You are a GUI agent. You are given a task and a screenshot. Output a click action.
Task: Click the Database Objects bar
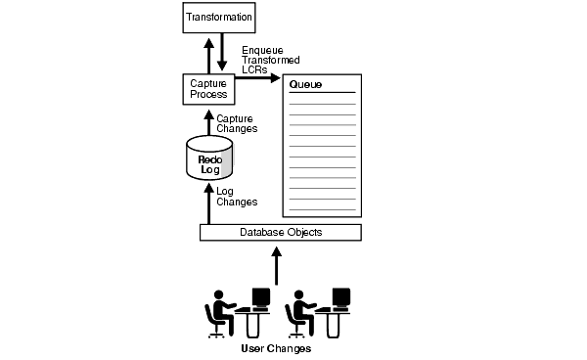[x=281, y=232]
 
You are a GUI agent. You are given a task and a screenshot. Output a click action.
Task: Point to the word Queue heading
[x=305, y=85]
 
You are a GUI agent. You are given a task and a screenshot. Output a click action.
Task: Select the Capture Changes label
[x=235, y=124]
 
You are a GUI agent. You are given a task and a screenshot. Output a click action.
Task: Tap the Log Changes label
[x=236, y=197]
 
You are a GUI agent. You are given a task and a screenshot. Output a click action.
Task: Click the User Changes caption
[x=276, y=348]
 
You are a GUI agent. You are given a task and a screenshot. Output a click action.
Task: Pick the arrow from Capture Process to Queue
[x=257, y=76]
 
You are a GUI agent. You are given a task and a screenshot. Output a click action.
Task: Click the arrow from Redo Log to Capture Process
[x=206, y=122]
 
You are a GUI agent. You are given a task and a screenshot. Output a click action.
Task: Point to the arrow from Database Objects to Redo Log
[x=206, y=203]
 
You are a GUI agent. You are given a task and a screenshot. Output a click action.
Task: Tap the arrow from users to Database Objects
[x=277, y=264]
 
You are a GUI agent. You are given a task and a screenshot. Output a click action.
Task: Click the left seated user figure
[x=218, y=313]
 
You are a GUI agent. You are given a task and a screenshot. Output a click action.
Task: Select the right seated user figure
[x=298, y=313]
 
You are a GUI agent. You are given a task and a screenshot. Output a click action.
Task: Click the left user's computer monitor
[x=260, y=296]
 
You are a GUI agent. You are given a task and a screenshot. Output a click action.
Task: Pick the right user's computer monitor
[x=340, y=296]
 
